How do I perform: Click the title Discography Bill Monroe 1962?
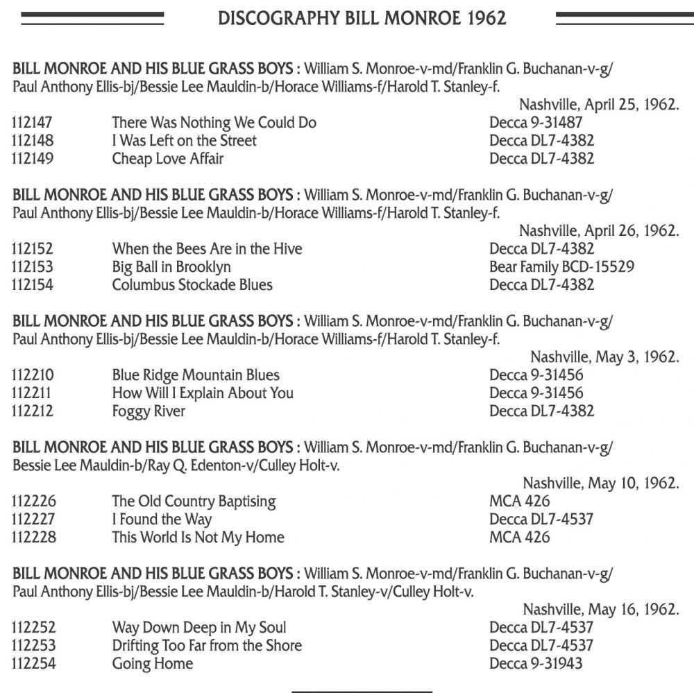pyautogui.click(x=362, y=18)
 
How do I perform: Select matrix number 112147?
pyautogui.click(x=33, y=123)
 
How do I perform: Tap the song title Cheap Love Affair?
pyautogui.click(x=167, y=159)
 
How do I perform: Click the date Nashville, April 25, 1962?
pyautogui.click(x=598, y=105)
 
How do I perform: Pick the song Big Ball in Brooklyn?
pyautogui.click(x=171, y=267)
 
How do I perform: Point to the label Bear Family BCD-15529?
pyautogui.click(x=561, y=267)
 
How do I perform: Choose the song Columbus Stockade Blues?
pyautogui.click(x=192, y=285)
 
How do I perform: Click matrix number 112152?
pyautogui.click(x=33, y=249)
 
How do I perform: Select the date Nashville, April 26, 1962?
pyautogui.click(x=598, y=232)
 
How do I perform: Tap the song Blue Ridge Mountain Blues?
pyautogui.click(x=196, y=375)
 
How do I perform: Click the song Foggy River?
pyautogui.click(x=149, y=411)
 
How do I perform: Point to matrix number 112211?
pyautogui.click(x=33, y=393)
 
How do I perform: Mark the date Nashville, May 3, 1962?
pyautogui.click(x=604, y=358)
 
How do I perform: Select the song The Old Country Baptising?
pyautogui.click(x=194, y=502)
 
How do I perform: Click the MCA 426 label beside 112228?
pyautogui.click(x=519, y=538)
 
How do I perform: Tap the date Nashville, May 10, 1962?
pyautogui.click(x=600, y=484)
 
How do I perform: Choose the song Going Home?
pyautogui.click(x=152, y=664)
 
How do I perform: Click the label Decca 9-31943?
pyautogui.click(x=536, y=664)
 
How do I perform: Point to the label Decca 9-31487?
pyautogui.click(x=536, y=123)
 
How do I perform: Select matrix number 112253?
pyautogui.click(x=33, y=646)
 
